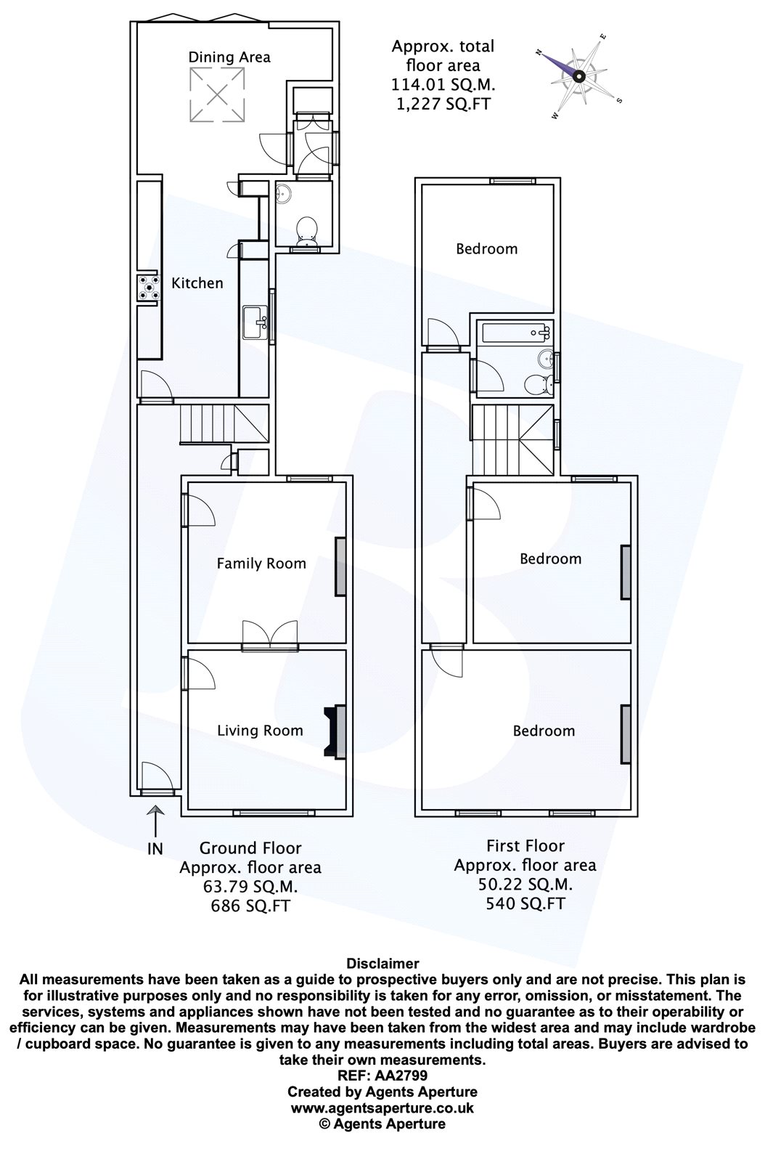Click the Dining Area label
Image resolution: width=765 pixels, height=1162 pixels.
tap(229, 57)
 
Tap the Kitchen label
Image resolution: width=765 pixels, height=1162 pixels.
tap(197, 283)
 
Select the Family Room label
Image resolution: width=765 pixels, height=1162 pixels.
tap(261, 563)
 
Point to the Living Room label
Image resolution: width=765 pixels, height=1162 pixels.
tap(260, 731)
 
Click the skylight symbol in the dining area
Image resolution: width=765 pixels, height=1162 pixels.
tap(216, 94)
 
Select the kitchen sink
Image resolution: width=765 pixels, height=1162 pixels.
tap(255, 322)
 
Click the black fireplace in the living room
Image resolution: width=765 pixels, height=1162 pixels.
tap(335, 731)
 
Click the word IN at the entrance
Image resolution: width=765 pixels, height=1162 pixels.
tap(155, 848)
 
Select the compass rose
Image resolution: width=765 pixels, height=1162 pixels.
tap(578, 76)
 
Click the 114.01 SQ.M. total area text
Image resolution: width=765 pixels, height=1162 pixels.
tap(443, 84)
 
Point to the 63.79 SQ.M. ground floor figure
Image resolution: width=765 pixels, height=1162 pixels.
tap(250, 886)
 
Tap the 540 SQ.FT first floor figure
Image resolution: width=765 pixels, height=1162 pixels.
tap(525, 903)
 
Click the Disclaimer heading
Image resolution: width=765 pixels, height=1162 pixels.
tap(382, 964)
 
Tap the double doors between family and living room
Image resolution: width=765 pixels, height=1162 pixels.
tap(269, 633)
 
